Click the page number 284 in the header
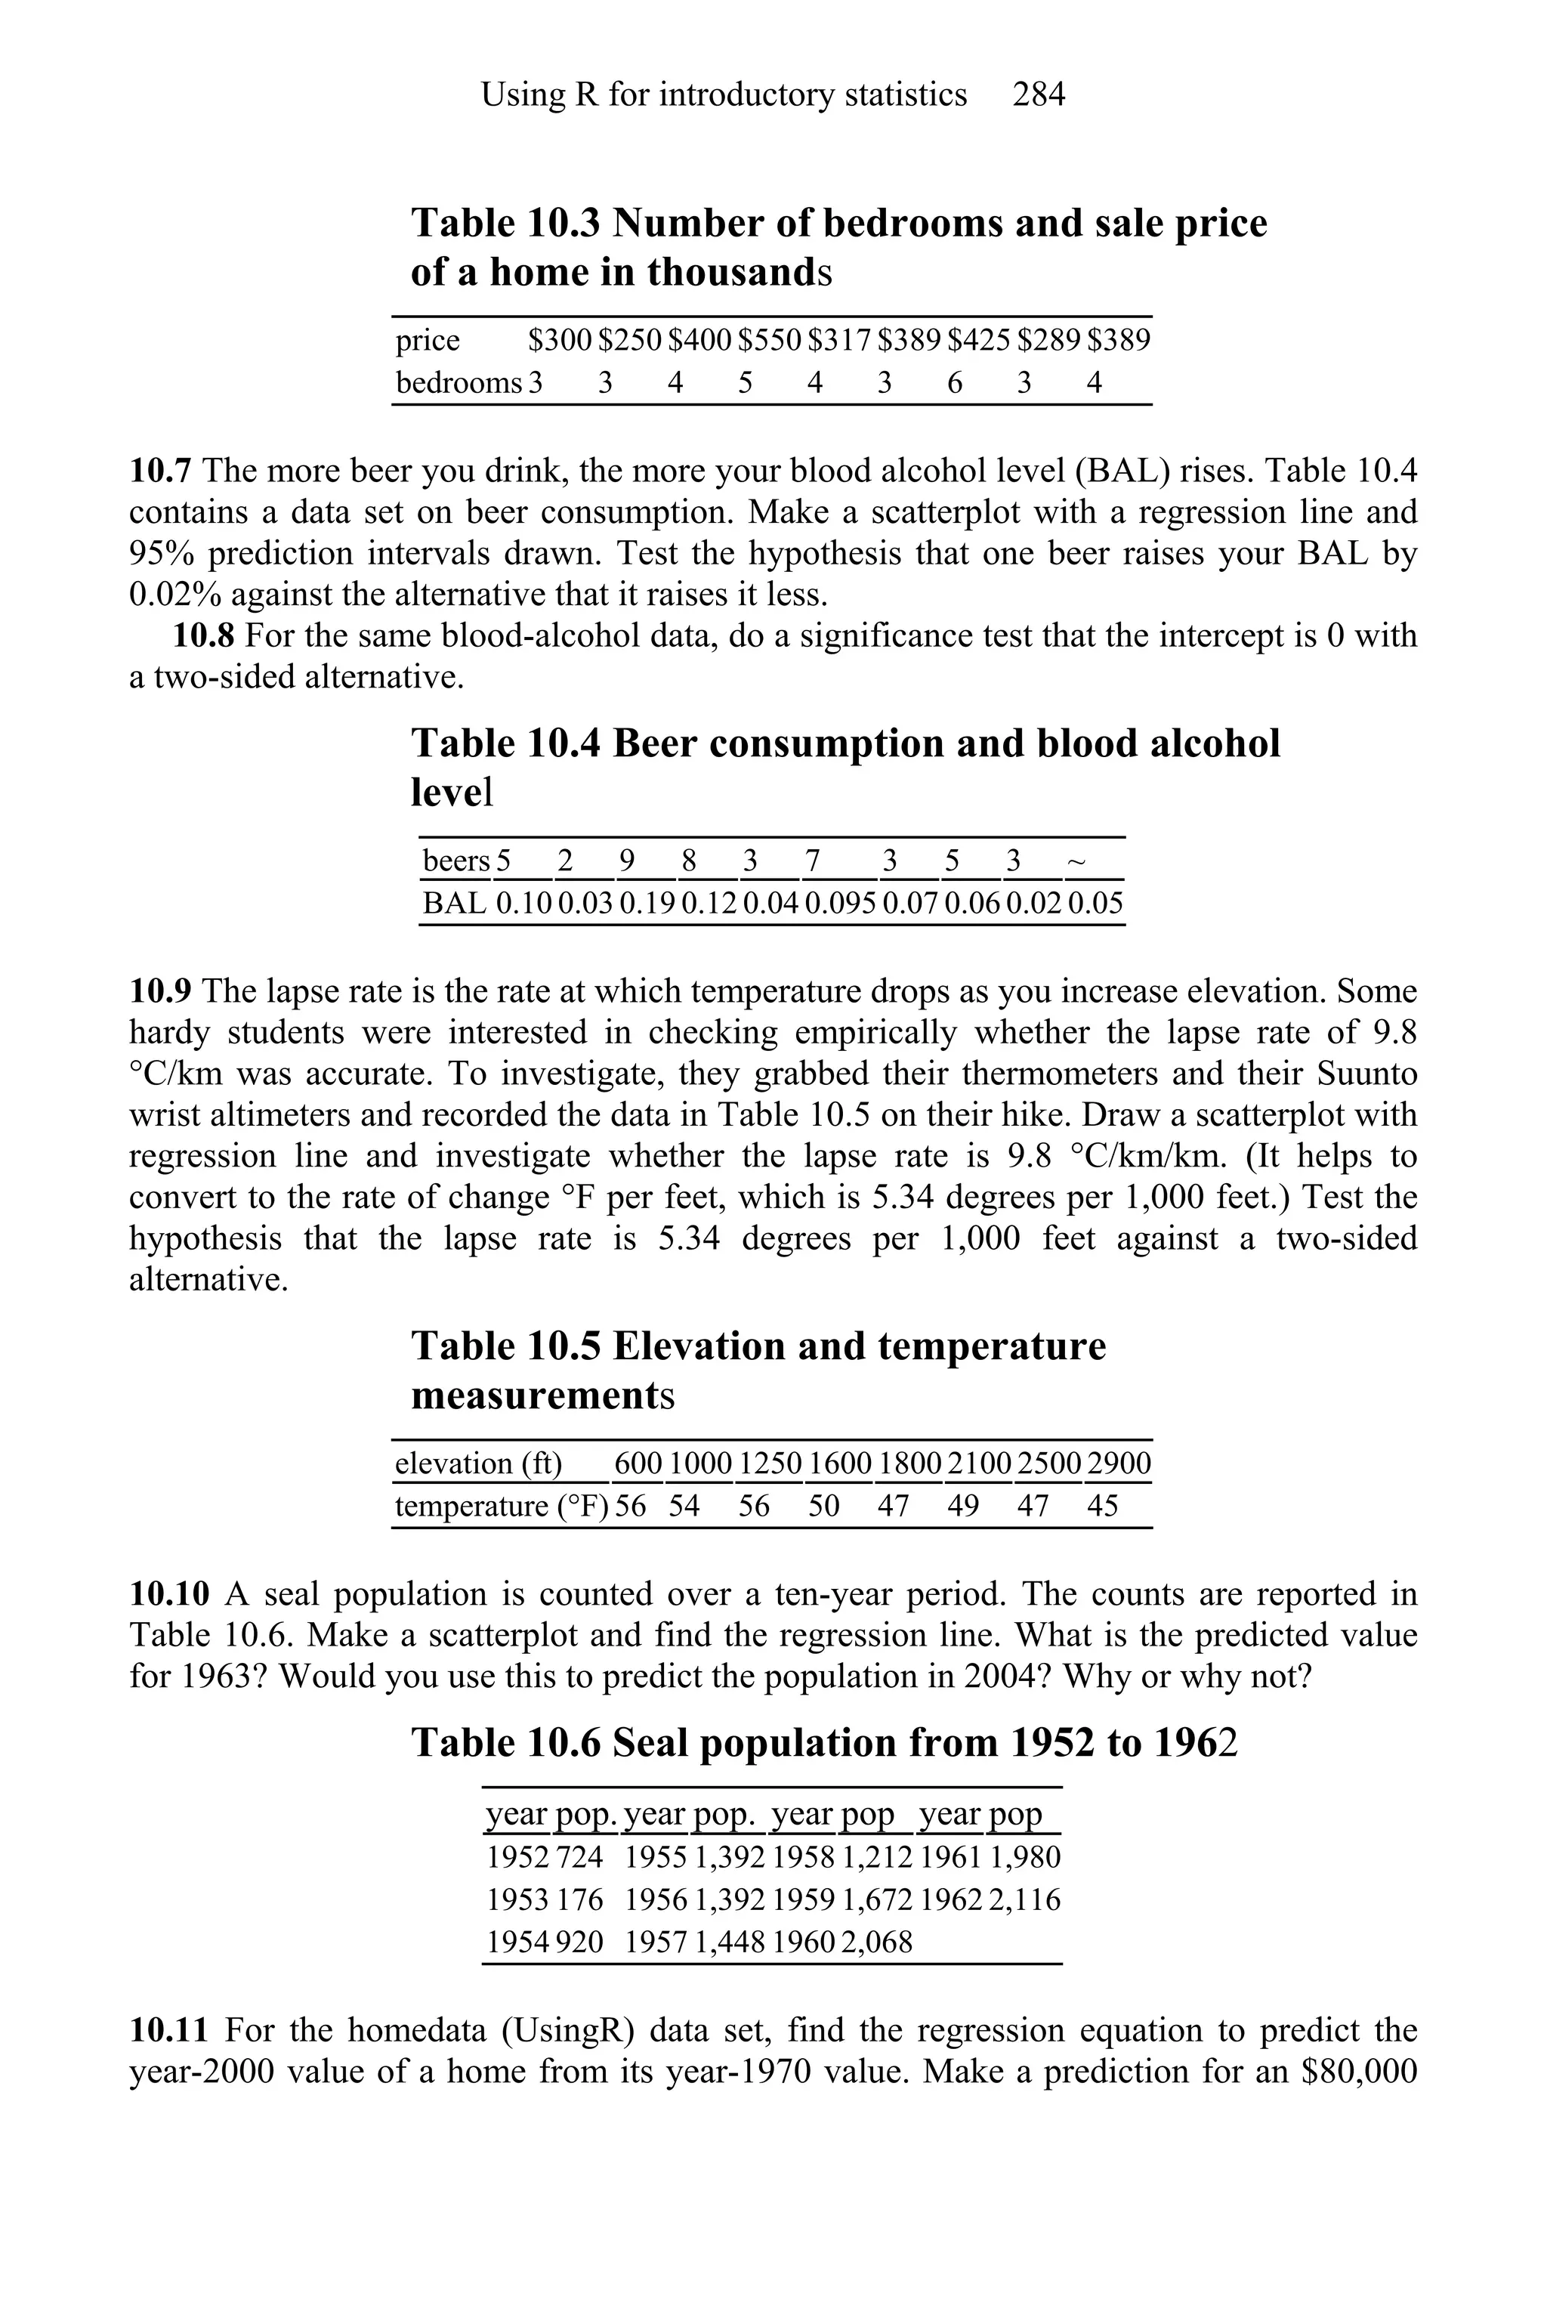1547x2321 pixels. click(1038, 94)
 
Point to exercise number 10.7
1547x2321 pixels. click(160, 471)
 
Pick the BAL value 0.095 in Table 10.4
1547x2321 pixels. click(840, 904)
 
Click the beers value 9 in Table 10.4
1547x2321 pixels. click(626, 861)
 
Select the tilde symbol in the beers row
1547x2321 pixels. click(1076, 861)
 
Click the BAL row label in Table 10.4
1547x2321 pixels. click(454, 904)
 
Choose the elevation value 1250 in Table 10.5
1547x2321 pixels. click(770, 1463)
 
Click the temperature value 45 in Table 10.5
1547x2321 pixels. click(1102, 1507)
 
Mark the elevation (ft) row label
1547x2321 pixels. click(477, 1463)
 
